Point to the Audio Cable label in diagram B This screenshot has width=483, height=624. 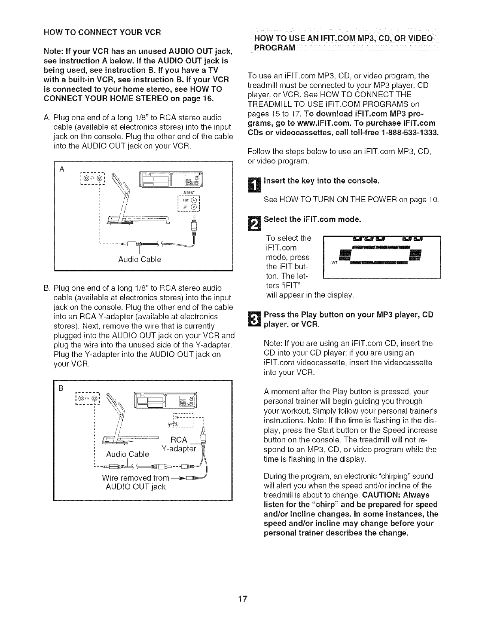[127, 454]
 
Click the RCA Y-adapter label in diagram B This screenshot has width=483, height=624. [179, 444]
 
